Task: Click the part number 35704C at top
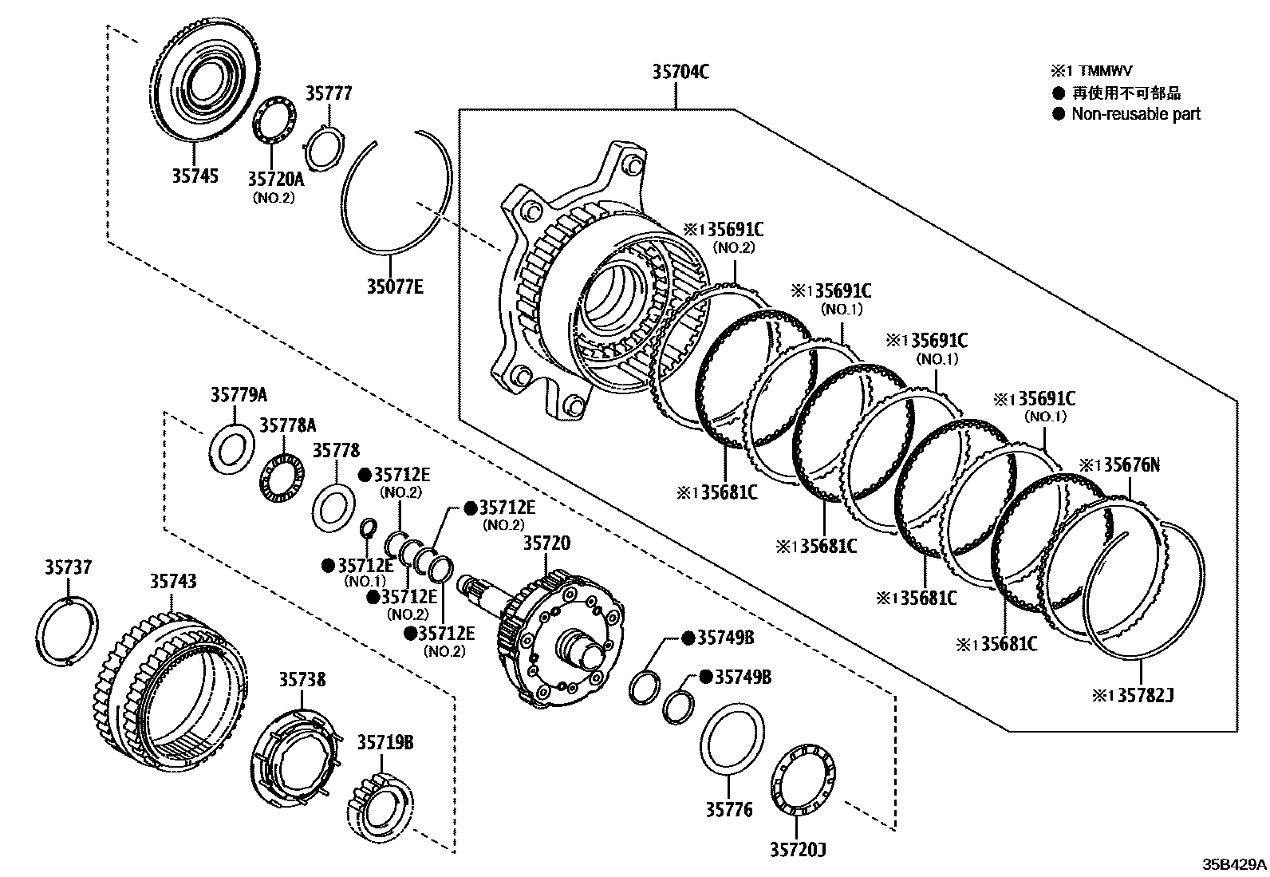[680, 72]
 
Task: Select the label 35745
[195, 175]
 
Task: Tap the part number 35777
[329, 94]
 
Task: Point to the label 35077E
[395, 286]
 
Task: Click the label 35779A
[239, 394]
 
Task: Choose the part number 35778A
[287, 425]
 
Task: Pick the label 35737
[68, 567]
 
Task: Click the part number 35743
[172, 581]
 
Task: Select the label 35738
[302, 679]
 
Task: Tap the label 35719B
[385, 742]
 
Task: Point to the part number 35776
[728, 809]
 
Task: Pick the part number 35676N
[1124, 464]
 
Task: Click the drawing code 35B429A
[1235, 864]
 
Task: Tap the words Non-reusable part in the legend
[1135, 114]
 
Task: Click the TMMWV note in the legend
[1098, 71]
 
